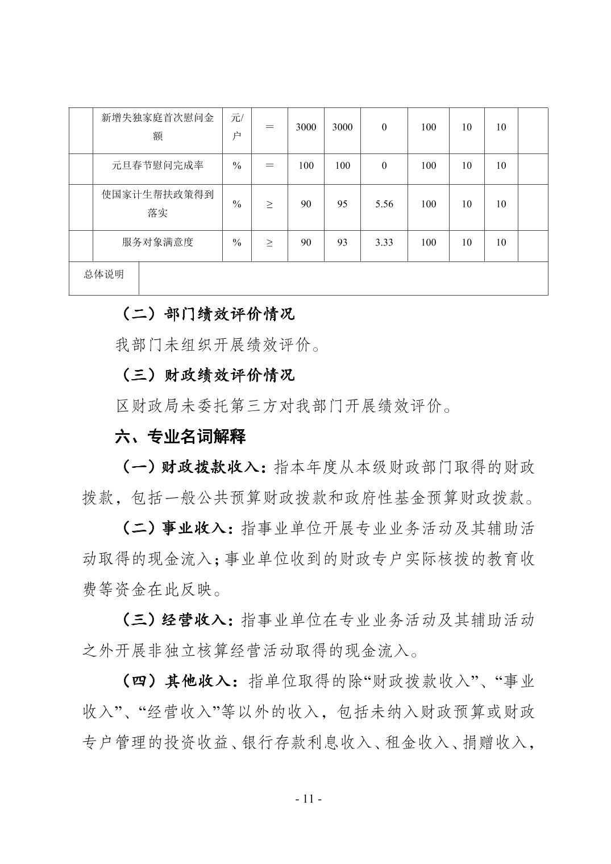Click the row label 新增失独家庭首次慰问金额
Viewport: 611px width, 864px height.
click(157, 127)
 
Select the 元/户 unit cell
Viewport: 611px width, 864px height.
click(236, 127)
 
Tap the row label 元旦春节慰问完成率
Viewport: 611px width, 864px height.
click(157, 166)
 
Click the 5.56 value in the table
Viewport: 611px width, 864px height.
click(384, 204)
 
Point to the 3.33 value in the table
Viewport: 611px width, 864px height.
click(384, 242)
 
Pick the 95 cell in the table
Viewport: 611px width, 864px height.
click(342, 204)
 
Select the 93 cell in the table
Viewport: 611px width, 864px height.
click(342, 242)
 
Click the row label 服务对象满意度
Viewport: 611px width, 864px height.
click(157, 242)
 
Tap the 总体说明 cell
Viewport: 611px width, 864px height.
click(104, 275)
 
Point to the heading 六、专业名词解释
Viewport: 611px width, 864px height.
click(180, 437)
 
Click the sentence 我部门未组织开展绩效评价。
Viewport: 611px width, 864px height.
click(218, 344)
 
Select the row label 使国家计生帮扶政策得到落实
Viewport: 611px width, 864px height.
click(157, 204)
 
